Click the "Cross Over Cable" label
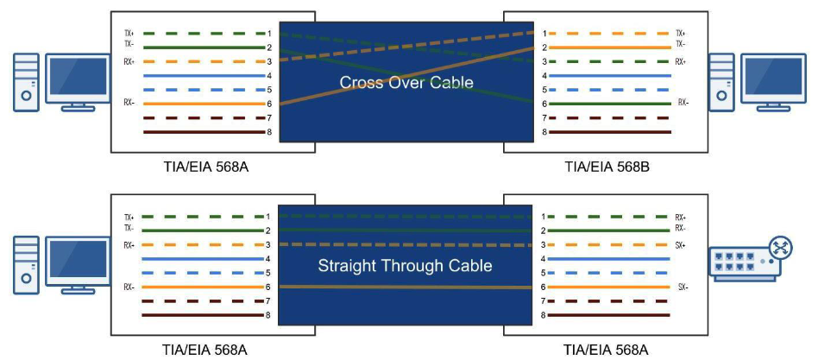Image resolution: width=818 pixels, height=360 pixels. click(406, 83)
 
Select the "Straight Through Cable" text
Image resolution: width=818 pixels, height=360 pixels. click(405, 265)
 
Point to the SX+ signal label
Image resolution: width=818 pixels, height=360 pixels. click(682, 245)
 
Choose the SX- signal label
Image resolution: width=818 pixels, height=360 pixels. click(682, 287)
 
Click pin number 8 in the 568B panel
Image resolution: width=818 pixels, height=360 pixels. click(544, 132)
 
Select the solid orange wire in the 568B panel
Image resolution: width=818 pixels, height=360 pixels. click(609, 47)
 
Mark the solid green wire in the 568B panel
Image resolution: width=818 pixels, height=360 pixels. click(609, 104)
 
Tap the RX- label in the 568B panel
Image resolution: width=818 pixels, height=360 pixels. click(683, 103)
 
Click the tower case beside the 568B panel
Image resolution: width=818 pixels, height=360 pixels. click(721, 81)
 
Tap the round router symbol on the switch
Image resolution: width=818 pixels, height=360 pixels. click(780, 249)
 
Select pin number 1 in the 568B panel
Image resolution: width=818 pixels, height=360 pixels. click(544, 33)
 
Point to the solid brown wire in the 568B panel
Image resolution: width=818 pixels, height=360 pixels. click(609, 132)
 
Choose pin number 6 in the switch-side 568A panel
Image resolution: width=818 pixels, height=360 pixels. click(544, 287)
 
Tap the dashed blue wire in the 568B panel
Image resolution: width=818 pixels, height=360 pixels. click(609, 90)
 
